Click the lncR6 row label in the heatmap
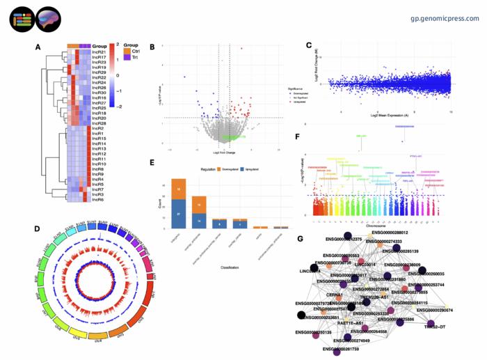tap(97, 201)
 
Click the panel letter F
tap(297, 138)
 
